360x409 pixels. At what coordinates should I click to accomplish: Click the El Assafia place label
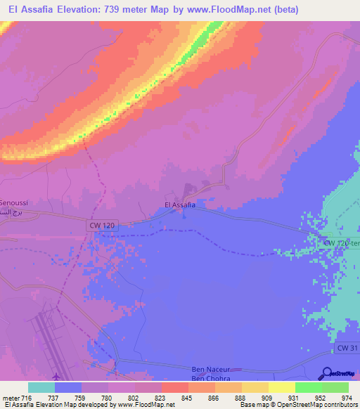[180, 205]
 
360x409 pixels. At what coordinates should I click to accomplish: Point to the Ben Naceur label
[212, 369]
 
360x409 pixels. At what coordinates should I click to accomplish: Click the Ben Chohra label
[211, 377]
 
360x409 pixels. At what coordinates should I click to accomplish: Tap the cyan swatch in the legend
[41, 387]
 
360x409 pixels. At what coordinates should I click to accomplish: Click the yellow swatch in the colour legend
[281, 387]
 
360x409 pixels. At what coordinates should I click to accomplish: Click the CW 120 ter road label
[342, 242]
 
